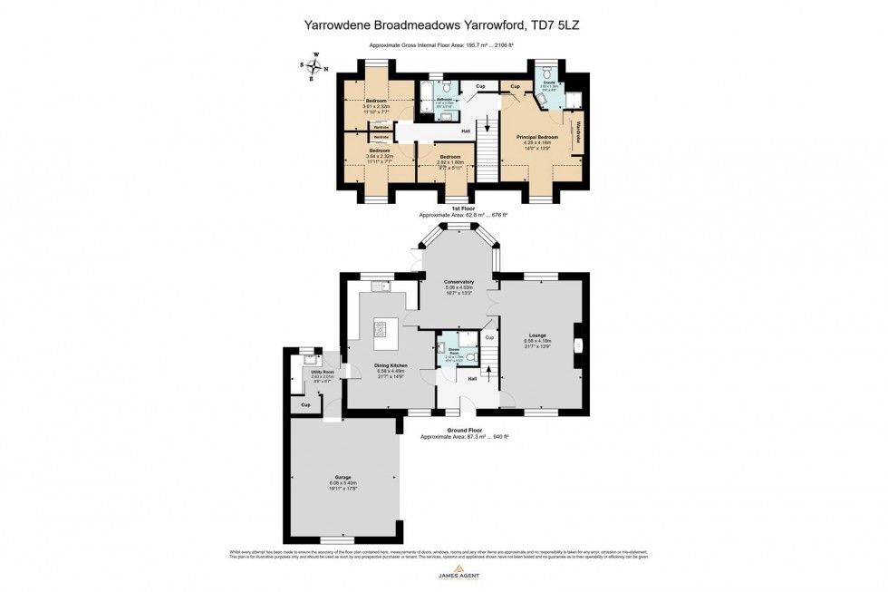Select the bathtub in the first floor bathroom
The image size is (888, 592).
427,100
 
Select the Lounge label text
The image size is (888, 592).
537,335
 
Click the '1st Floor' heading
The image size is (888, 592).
462,209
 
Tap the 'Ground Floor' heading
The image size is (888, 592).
462,431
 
